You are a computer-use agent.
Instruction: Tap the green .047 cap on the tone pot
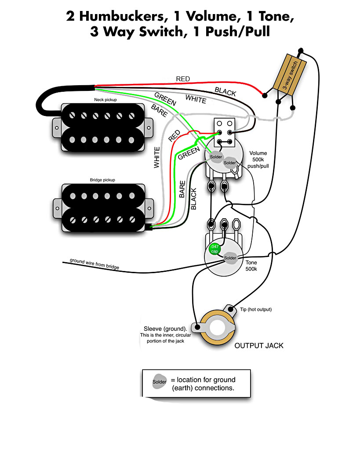pos(215,249)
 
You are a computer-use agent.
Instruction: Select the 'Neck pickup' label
pos(105,100)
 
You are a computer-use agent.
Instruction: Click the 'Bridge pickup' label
pos(102,180)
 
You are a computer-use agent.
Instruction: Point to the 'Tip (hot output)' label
pos(256,309)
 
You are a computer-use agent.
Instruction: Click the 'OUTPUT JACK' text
pos(259,346)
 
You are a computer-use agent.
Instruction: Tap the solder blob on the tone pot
pos(230,258)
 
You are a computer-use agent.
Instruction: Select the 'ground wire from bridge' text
pos(95,264)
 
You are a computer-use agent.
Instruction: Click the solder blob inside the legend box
pos(160,382)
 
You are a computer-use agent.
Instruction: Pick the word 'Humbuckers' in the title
pos(124,16)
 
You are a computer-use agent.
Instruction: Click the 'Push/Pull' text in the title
pos(237,31)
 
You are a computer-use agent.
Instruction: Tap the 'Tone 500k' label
pos(251,266)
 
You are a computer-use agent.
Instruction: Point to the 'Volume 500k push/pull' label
pos(258,159)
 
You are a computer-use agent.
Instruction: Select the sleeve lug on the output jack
pos(197,327)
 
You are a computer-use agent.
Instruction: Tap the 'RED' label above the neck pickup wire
pos(183,79)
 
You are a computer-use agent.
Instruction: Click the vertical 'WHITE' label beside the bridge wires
pos(157,157)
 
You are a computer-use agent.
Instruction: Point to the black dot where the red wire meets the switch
pos(265,95)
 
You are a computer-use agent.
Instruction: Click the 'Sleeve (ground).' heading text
pos(165,329)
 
